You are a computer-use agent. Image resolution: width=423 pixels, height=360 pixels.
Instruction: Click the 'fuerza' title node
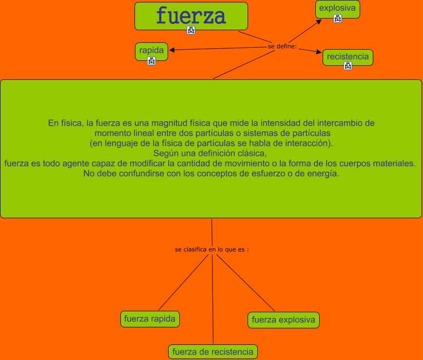[191, 16]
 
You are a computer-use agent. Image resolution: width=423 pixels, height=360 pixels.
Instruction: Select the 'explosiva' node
[337, 8]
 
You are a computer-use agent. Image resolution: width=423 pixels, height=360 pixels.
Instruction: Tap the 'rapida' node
[151, 50]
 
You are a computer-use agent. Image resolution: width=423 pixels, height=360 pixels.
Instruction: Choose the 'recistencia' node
[347, 57]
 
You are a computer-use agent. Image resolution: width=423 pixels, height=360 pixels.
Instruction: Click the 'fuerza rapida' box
[150, 319]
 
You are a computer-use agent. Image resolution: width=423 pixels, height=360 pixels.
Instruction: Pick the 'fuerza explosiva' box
[284, 320]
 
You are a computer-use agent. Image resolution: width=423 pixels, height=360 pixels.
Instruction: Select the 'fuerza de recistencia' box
[213, 351]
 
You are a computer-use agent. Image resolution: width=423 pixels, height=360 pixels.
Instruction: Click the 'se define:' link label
[282, 46]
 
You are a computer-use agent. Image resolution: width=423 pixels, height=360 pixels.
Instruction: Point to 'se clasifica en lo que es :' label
[212, 249]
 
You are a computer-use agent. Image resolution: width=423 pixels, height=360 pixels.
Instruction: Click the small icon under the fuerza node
[191, 30]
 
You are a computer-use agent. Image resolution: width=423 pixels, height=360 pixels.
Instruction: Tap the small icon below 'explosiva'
[338, 19]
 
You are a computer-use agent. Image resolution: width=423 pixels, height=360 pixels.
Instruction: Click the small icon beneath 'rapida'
[152, 61]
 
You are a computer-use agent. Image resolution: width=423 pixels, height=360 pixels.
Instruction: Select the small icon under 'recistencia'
[348, 66]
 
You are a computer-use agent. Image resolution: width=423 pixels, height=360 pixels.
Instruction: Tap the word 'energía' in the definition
[321, 173]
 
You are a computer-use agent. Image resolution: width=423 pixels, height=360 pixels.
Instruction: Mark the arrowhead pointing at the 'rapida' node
[172, 50]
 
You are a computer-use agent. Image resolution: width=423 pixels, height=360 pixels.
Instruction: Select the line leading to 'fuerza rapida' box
[183, 283]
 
